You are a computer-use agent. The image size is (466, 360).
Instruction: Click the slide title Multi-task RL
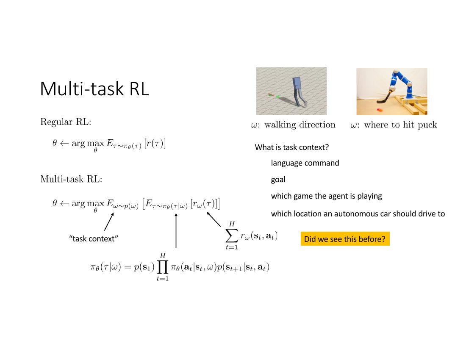(x=94, y=89)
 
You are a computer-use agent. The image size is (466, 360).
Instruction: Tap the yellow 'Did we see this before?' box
(x=345, y=239)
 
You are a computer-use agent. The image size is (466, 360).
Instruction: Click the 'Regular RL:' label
(x=66, y=122)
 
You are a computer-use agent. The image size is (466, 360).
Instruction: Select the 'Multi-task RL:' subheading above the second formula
(x=71, y=179)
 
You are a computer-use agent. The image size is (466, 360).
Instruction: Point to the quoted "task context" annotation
(x=94, y=239)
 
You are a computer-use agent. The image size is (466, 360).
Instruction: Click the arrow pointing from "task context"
(x=109, y=222)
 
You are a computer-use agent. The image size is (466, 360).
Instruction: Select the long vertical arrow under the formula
(x=176, y=230)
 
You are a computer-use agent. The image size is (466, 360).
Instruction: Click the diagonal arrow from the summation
(x=214, y=219)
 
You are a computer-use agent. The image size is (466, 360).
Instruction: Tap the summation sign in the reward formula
(x=232, y=236)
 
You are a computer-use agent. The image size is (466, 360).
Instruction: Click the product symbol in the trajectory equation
(x=163, y=267)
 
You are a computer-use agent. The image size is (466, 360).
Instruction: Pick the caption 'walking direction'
(x=300, y=125)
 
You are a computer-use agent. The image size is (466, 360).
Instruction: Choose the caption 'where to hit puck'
(x=401, y=125)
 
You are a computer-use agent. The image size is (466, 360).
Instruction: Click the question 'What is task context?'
(x=292, y=147)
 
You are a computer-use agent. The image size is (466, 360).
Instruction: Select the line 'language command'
(x=305, y=163)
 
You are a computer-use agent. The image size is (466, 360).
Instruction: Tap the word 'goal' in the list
(x=278, y=180)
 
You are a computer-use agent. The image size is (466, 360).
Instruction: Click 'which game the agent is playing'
(x=326, y=196)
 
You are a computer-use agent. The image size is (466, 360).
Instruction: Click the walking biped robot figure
(x=299, y=91)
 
